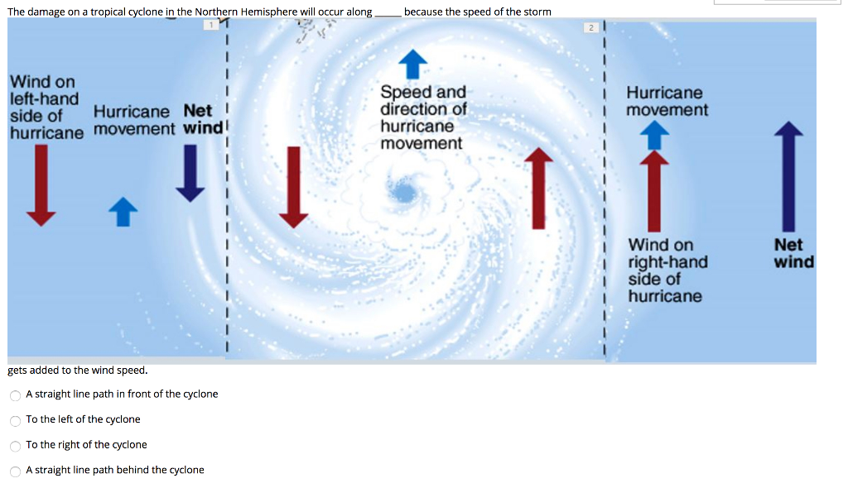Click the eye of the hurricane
pyautogui.click(x=404, y=193)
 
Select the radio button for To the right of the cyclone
pyautogui.click(x=16, y=446)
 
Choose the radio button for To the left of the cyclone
pyautogui.click(x=16, y=420)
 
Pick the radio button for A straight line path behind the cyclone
pyautogui.click(x=16, y=471)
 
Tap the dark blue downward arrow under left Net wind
pyautogui.click(x=190, y=172)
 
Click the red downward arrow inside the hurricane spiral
pyautogui.click(x=292, y=186)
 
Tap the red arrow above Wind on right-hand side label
pyautogui.click(x=654, y=190)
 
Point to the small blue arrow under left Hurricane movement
pyautogui.click(x=122, y=211)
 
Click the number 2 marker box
pyautogui.click(x=591, y=27)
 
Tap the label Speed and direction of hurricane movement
pyautogui.click(x=422, y=117)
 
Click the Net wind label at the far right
pyautogui.click(x=793, y=253)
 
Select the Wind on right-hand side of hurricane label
pyautogui.click(x=667, y=270)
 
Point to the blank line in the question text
pyautogui.click(x=388, y=12)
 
